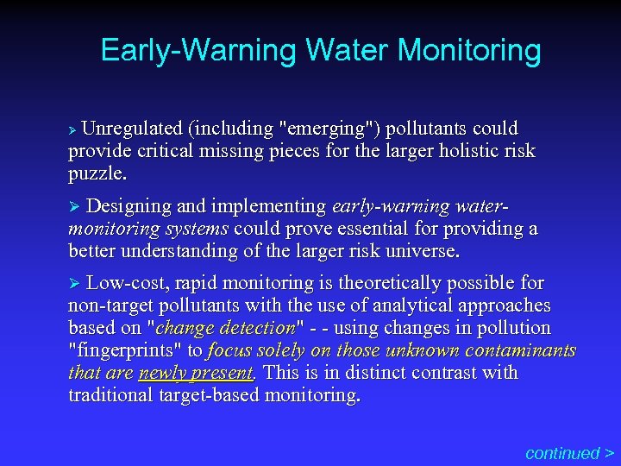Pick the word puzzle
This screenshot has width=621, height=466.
coord(97,173)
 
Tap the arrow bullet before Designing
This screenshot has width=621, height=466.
coord(73,207)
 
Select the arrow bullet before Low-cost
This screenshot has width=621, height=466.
coord(73,283)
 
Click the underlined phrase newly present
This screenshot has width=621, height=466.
coord(196,373)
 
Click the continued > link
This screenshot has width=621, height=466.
coord(569,452)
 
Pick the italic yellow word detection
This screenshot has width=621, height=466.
coord(258,328)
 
